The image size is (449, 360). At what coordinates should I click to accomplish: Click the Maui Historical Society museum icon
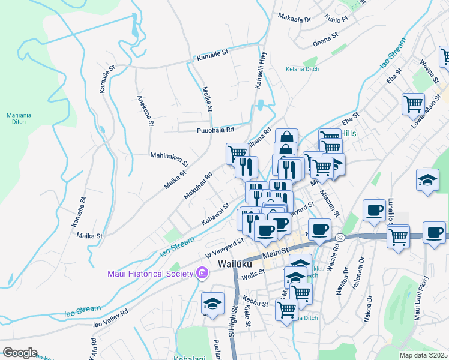pos(202,274)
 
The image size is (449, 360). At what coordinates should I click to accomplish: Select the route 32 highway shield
pos(340,238)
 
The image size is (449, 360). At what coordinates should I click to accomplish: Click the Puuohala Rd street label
pos(215,130)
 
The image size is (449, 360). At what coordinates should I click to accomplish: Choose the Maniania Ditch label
pos(15,118)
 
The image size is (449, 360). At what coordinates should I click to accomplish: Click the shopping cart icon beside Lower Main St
pos(413,103)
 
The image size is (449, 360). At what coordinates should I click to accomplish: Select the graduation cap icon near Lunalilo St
pos(427,181)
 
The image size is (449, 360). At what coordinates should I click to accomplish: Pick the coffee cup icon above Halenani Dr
pos(374,211)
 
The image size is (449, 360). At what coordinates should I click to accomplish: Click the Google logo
pos(19,352)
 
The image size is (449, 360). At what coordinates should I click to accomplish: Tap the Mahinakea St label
pos(169,158)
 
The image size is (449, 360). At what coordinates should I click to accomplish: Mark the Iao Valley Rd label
pos(110,319)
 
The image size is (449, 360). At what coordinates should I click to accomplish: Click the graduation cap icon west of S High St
pos(212,304)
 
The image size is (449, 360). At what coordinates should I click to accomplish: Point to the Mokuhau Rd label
pos(198,187)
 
